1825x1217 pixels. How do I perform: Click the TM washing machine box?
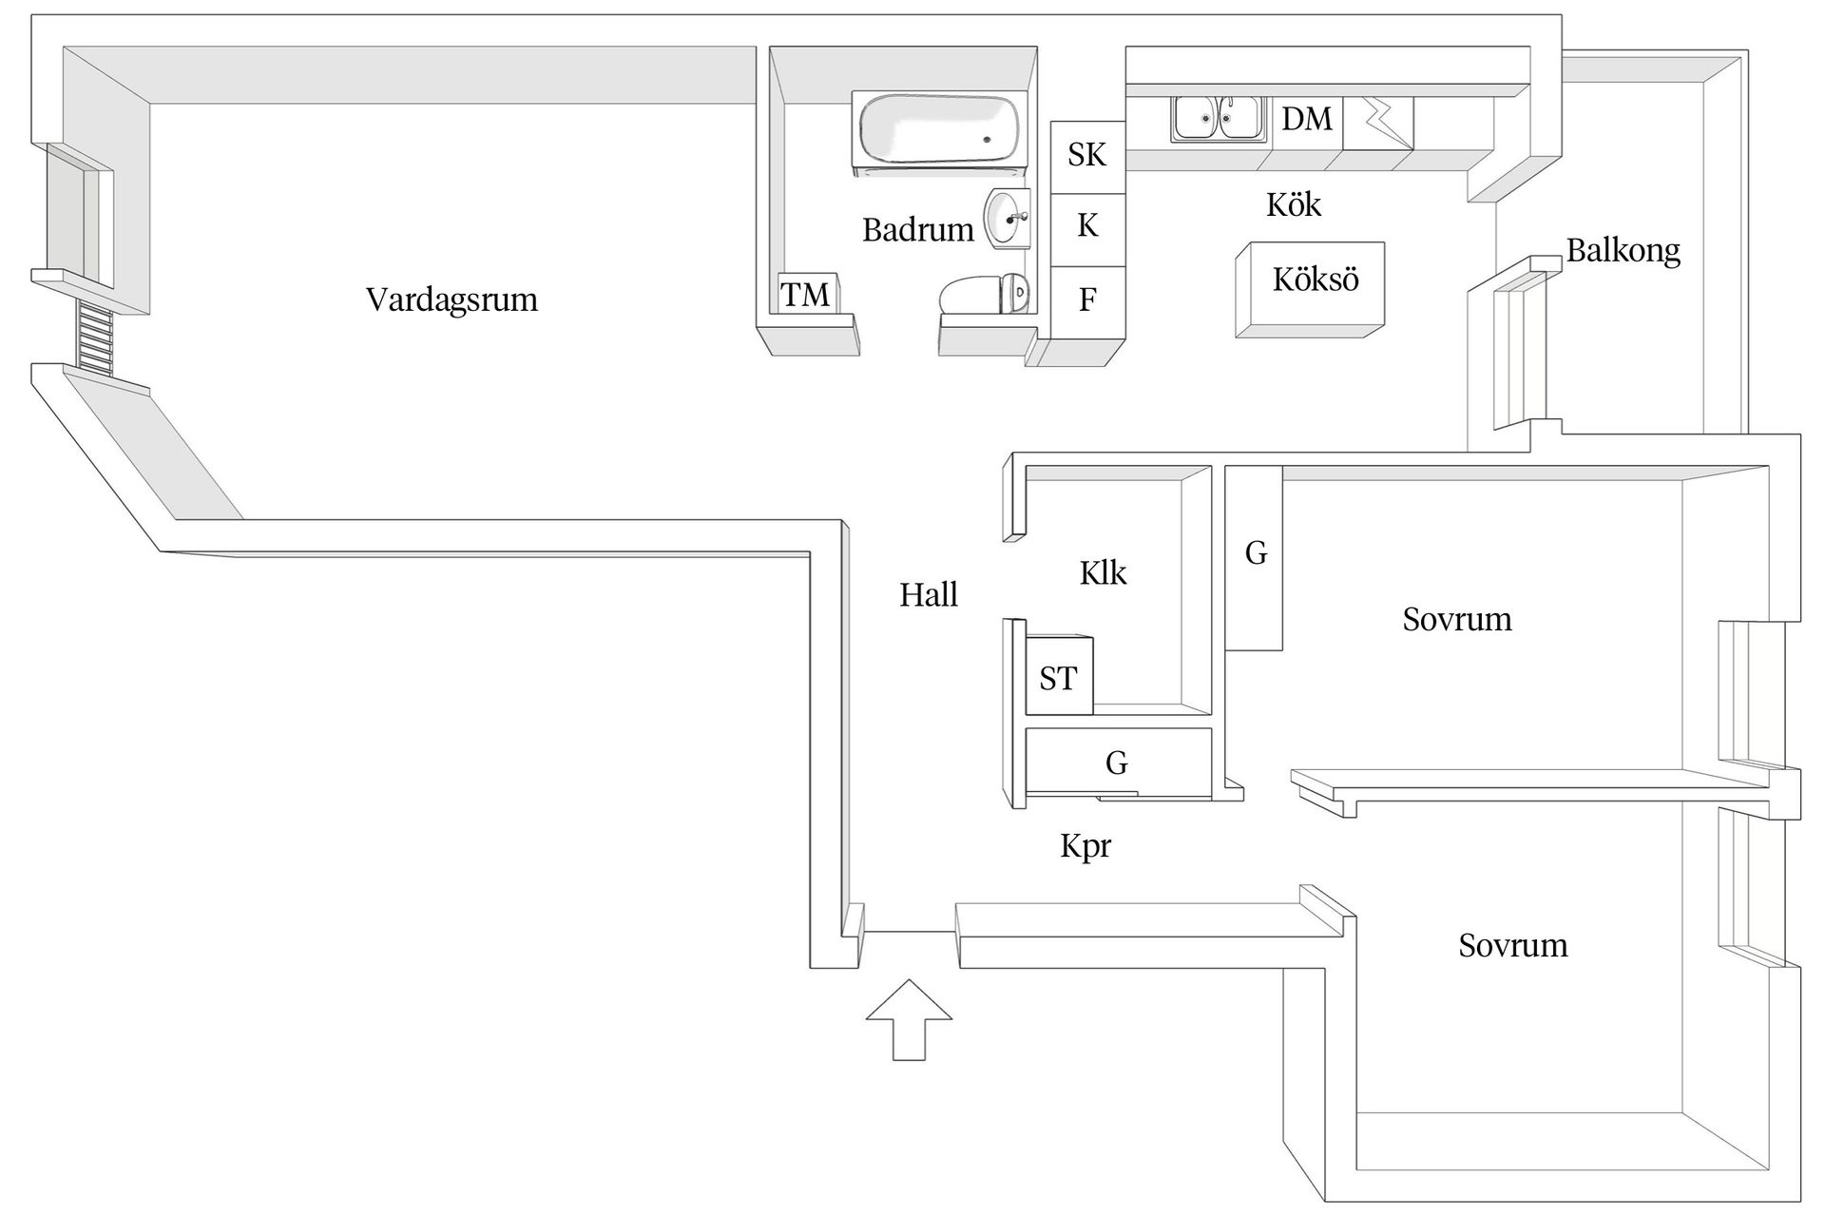(806, 295)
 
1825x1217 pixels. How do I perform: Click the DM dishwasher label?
(1307, 120)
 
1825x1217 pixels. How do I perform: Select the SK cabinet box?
(1087, 155)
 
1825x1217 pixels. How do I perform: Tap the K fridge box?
(1087, 226)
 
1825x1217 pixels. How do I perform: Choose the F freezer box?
(1087, 300)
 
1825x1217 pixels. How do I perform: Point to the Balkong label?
(1623, 251)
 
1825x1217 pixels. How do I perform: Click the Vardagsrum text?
(451, 300)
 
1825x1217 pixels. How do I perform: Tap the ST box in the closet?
(1058, 678)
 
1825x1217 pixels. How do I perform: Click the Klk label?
(1103, 573)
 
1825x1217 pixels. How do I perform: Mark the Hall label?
(929, 596)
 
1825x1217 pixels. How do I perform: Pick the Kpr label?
(1085, 846)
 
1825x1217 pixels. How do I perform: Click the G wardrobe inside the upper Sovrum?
(1255, 556)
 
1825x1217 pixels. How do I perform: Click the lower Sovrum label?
(1512, 946)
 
